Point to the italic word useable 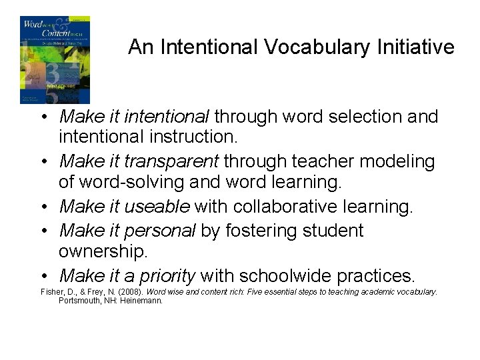(x=158, y=207)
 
